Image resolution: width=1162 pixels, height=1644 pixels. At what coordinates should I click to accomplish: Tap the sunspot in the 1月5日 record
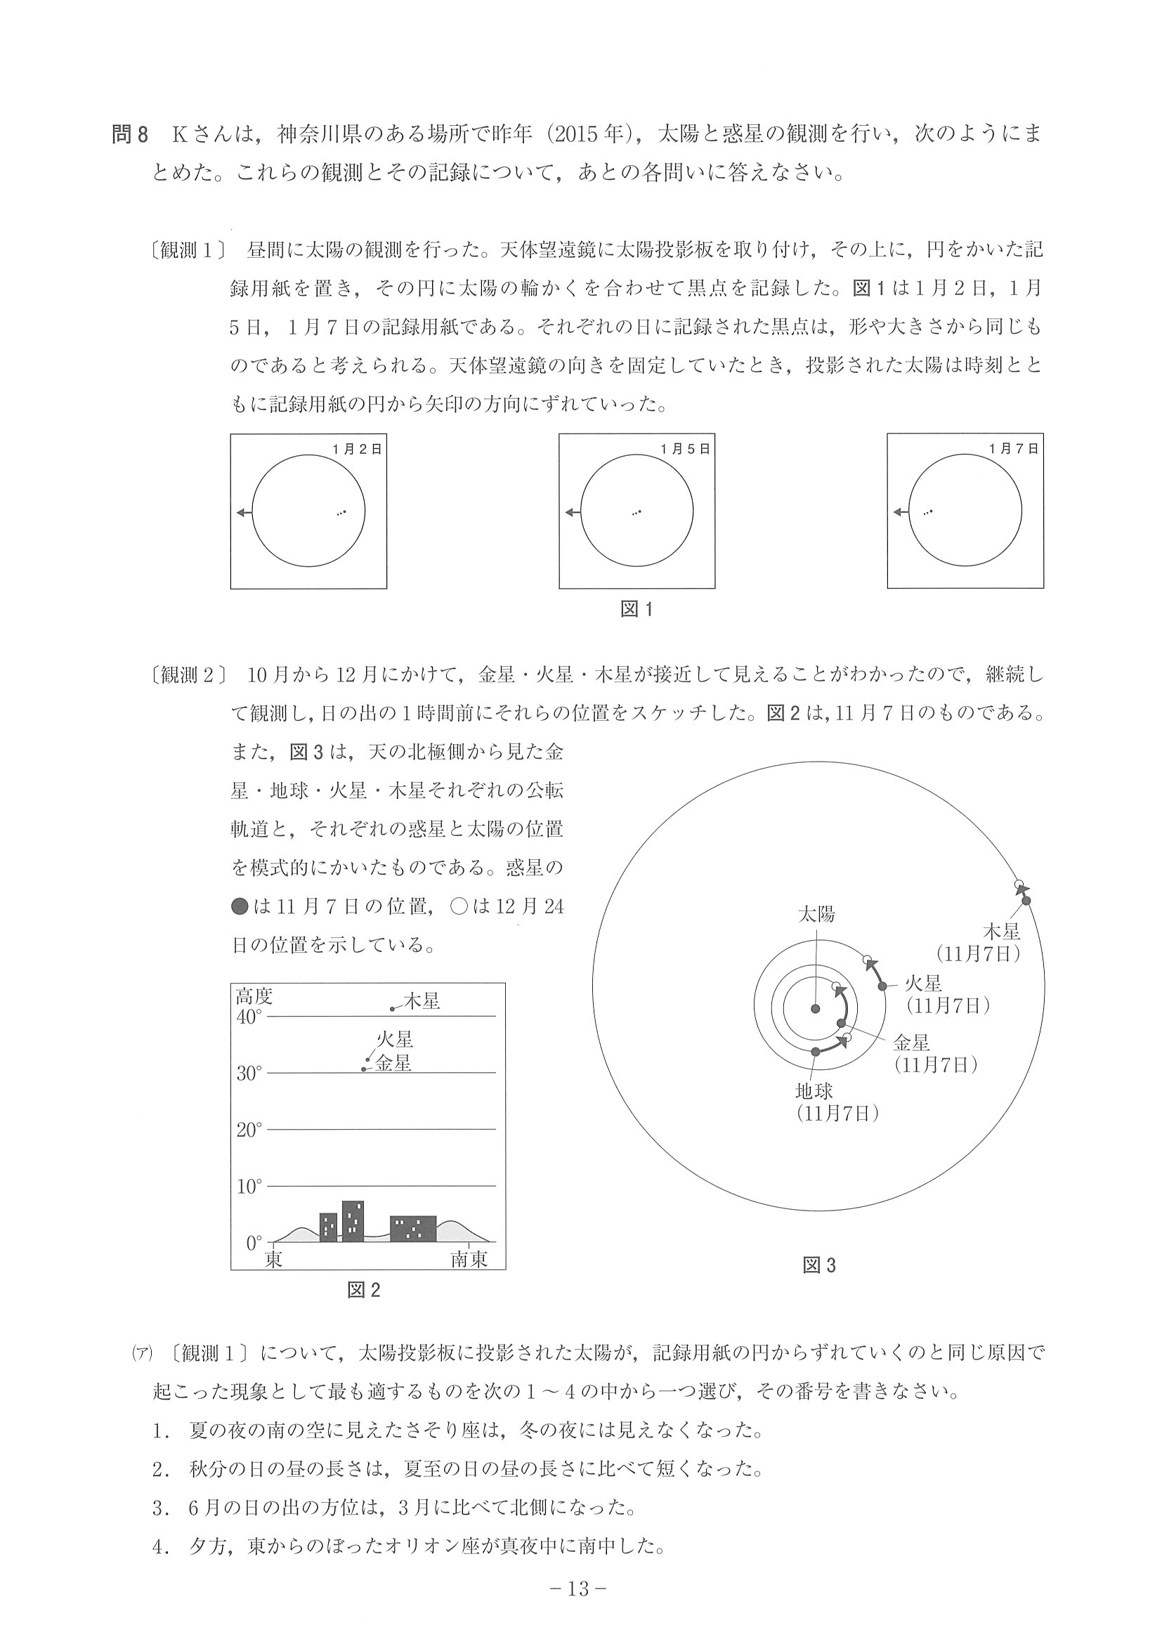coord(637,512)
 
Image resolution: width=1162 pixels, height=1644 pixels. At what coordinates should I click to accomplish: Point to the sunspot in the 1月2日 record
coord(341,512)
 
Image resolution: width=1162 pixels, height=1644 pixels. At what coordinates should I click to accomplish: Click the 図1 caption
coord(637,609)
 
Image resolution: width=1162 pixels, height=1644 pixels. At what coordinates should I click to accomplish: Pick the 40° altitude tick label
coord(249,1017)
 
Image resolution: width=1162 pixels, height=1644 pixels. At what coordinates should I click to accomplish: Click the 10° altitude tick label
coord(249,1187)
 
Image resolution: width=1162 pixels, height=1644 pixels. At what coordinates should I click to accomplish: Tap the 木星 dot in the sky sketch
coord(392,1009)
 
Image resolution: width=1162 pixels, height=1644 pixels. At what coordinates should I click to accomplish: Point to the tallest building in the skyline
coord(352,1222)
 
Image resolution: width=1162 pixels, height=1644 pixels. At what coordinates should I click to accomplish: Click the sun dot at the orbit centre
coord(815,1009)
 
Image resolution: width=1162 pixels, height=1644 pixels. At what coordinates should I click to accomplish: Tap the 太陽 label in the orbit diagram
coord(816,915)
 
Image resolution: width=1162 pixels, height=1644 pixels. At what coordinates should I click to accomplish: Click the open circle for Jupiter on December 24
coord(1019,885)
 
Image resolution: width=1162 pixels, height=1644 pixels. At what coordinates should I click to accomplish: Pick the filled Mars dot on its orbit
coord(883,986)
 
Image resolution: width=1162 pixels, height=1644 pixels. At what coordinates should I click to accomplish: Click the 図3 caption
coord(819,1265)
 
